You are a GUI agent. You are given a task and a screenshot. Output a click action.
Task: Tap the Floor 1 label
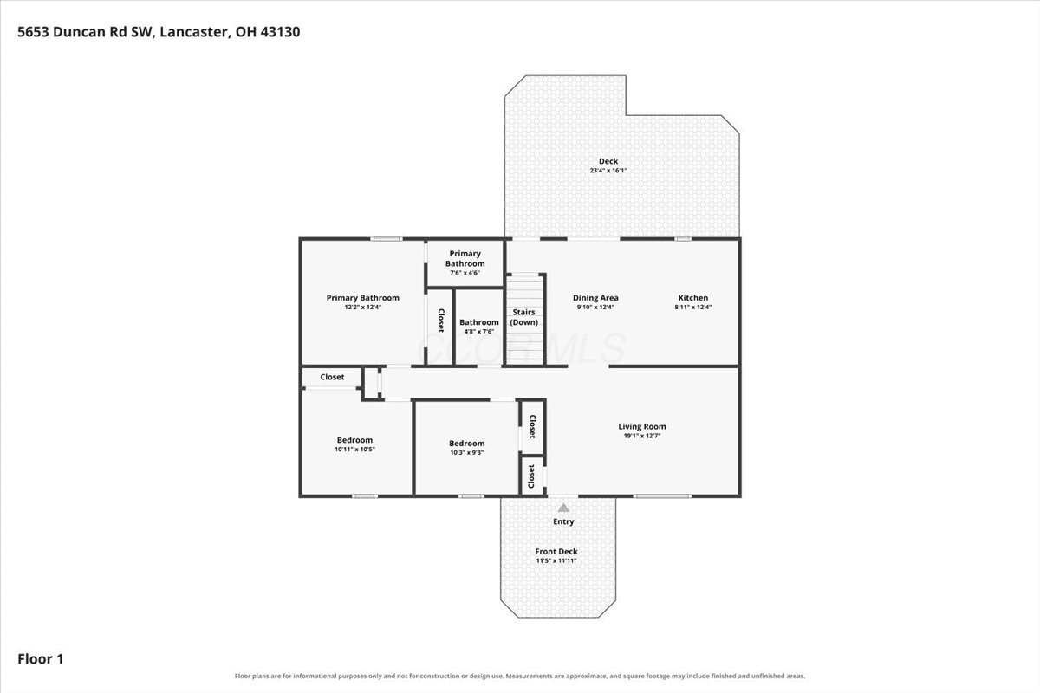41,658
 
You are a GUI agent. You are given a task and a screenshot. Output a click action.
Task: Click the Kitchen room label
693,297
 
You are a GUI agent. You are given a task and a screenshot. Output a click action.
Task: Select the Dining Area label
595,297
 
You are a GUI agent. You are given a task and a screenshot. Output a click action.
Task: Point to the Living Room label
642,426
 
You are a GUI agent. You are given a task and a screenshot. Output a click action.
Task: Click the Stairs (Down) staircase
524,320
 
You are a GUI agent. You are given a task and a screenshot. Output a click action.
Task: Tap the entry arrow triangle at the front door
563,508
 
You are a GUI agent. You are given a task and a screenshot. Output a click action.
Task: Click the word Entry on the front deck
563,521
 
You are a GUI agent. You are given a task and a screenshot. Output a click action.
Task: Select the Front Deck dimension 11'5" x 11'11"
556,560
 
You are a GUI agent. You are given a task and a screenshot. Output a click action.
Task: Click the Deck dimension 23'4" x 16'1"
608,171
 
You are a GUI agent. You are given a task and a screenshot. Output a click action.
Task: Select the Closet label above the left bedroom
332,377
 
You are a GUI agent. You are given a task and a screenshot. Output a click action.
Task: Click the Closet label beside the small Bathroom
440,321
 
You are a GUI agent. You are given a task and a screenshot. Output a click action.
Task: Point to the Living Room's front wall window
662,496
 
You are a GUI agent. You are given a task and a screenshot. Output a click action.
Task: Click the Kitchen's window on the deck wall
683,239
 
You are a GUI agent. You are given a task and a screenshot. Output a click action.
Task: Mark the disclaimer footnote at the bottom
520,676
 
